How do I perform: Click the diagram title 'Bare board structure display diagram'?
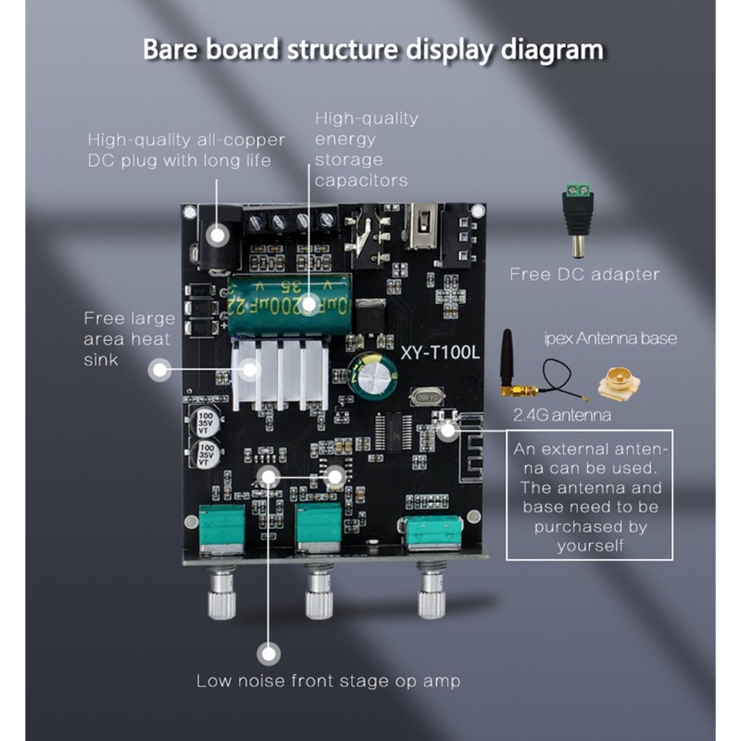point(373,48)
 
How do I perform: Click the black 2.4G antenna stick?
point(508,357)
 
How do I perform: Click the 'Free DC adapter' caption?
point(585,274)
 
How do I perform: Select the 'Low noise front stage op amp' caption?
point(328,682)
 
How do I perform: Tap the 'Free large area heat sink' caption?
point(129,339)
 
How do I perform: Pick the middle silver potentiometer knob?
point(320,594)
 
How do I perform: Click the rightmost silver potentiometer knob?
point(431,594)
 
